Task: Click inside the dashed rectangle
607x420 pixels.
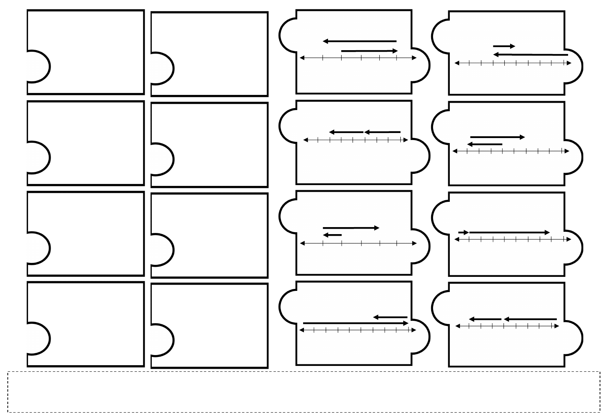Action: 303,392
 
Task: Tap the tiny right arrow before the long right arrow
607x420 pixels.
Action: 463,232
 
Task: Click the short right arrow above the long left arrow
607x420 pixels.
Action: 504,46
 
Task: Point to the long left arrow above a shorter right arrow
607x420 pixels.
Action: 360,41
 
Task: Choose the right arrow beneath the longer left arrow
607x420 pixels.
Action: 369,51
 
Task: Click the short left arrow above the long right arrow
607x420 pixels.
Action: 390,317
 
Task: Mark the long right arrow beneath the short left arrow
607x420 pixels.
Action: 355,323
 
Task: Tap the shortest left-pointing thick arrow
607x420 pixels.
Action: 332,235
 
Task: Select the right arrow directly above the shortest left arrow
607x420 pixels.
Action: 351,228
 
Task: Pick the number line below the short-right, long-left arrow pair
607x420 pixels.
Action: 513,63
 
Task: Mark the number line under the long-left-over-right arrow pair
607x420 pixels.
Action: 358,58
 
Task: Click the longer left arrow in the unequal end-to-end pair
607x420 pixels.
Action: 530,319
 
